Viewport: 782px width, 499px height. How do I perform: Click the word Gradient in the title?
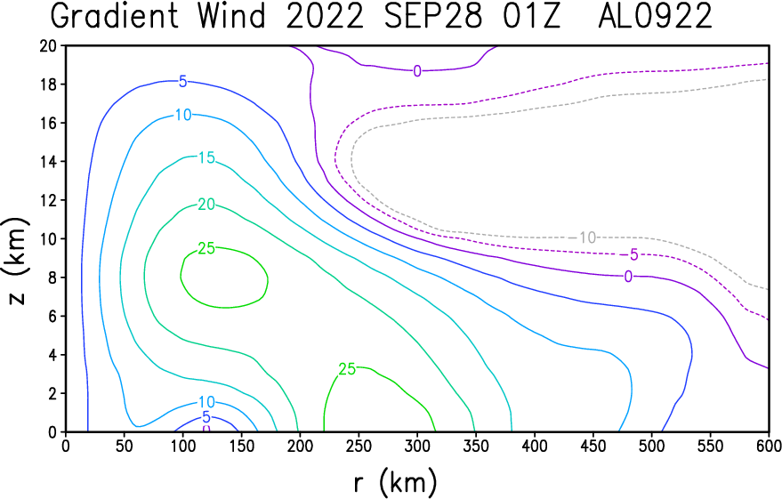pyautogui.click(x=115, y=15)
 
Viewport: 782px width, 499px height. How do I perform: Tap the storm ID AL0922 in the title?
pyautogui.click(x=655, y=15)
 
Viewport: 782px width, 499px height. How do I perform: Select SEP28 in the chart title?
pyautogui.click(x=433, y=15)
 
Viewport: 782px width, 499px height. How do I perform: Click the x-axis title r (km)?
pyautogui.click(x=395, y=482)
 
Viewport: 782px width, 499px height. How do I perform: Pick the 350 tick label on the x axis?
pyautogui.click(x=475, y=446)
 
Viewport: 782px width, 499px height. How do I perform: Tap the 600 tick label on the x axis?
pyautogui.click(x=769, y=446)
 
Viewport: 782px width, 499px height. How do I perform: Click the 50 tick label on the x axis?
pyautogui.click(x=125, y=446)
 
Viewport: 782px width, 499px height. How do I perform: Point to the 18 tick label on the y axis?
pyautogui.click(x=48, y=85)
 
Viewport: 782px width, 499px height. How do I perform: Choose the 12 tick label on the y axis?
pyautogui.click(x=48, y=200)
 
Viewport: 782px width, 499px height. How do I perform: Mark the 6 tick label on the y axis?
pyautogui.click(x=52, y=316)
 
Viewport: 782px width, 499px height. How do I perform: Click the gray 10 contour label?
pyautogui.click(x=587, y=237)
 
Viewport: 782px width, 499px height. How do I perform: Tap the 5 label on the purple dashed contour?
pyautogui.click(x=633, y=254)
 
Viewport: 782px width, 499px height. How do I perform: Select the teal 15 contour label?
pyautogui.click(x=206, y=157)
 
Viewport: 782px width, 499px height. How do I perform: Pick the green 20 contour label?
pyautogui.click(x=206, y=205)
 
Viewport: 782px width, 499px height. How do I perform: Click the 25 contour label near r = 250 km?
pyautogui.click(x=347, y=369)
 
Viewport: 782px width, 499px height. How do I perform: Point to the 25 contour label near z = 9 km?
pyautogui.click(x=206, y=248)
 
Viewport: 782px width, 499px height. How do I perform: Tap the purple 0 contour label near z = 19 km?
pyautogui.click(x=417, y=71)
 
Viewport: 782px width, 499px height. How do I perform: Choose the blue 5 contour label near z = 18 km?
pyautogui.click(x=183, y=81)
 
